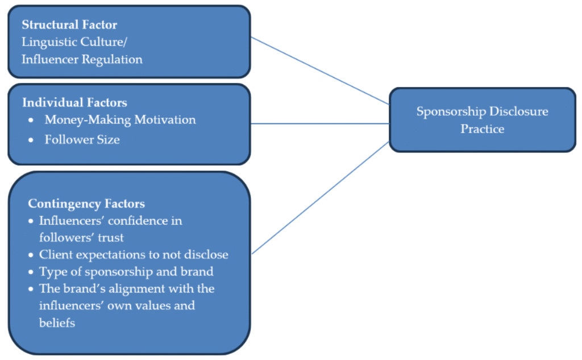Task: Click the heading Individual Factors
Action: click(x=74, y=102)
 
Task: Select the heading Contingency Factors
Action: click(x=86, y=204)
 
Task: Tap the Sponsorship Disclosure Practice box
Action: click(x=482, y=120)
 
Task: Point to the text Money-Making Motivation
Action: click(x=120, y=120)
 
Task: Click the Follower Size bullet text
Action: click(x=82, y=139)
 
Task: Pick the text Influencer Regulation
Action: click(x=82, y=59)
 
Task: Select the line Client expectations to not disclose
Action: click(x=134, y=254)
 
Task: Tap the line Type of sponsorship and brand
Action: click(x=126, y=271)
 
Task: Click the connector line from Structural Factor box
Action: click(x=320, y=71)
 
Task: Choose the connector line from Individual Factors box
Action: click(x=320, y=123)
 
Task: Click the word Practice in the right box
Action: click(x=482, y=129)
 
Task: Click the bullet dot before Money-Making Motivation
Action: click(x=31, y=121)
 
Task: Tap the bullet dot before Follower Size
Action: click(x=31, y=140)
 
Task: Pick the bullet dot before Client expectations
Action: click(x=31, y=255)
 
